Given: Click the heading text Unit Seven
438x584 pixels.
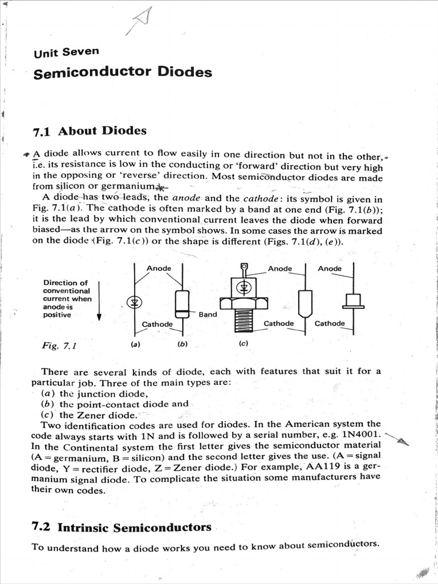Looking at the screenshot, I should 66,52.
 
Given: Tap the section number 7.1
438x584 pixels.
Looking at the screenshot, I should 42,132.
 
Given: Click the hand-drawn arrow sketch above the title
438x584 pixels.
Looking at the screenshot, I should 140,23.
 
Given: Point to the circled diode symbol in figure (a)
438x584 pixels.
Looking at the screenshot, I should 135,302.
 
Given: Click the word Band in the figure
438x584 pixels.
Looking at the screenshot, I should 208,314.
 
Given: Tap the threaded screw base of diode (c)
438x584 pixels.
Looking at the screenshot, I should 244,321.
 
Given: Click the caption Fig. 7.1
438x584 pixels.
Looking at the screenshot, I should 59,346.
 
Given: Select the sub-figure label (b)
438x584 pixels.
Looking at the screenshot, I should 182,344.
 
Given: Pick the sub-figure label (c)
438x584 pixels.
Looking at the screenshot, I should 243,344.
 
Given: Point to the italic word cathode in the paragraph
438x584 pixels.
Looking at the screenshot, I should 261,199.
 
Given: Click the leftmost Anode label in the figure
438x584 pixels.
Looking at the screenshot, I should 159,268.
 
